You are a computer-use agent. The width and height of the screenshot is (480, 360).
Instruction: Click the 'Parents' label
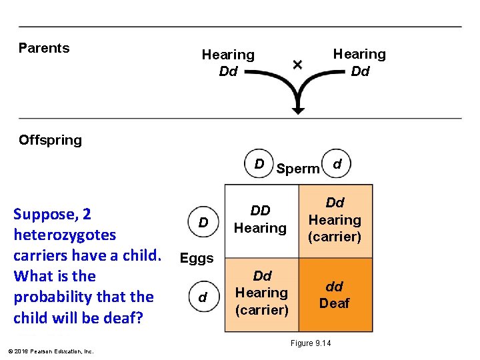tap(44, 48)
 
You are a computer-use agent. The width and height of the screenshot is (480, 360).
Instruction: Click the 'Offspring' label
tap(50, 140)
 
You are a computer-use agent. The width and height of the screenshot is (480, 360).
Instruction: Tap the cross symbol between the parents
tap(297, 65)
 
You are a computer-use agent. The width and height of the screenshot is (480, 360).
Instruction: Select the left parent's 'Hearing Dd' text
tap(228, 63)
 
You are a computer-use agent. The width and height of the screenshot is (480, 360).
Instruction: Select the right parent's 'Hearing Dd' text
tap(359, 62)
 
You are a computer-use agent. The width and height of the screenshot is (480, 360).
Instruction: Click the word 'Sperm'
tap(298, 169)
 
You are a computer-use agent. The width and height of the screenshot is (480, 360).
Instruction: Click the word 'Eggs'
tap(197, 258)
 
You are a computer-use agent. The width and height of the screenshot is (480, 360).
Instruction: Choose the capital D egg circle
tap(204, 221)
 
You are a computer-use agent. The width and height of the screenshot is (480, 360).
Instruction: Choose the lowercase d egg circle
tap(203, 298)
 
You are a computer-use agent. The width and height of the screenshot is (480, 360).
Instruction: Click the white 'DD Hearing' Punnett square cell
tap(260, 220)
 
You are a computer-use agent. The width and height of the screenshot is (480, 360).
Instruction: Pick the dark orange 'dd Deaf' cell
tap(334, 295)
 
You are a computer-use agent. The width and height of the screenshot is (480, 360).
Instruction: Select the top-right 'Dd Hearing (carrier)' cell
tap(334, 220)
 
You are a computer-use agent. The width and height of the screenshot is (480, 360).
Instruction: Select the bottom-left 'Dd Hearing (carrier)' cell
tap(261, 293)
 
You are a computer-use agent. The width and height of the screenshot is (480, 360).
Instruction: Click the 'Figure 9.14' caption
tap(310, 343)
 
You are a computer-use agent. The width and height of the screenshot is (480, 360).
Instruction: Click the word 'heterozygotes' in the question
tap(64, 235)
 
